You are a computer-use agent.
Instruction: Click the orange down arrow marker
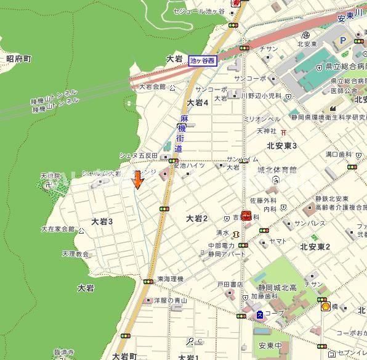coord(138,179)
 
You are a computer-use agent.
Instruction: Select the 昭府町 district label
coord(18,59)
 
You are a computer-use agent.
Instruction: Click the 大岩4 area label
coord(198,102)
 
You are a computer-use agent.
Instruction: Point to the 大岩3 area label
coord(102,221)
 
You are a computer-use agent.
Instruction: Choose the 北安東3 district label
coord(281,145)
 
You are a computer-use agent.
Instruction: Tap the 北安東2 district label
coord(315,247)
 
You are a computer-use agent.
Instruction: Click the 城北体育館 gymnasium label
coord(276,170)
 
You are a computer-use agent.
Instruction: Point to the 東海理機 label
coord(171,279)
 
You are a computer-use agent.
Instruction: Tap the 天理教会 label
coord(75,253)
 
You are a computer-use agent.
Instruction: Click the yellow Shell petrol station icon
coord(325,306)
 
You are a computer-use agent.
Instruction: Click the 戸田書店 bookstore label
coord(230,285)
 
